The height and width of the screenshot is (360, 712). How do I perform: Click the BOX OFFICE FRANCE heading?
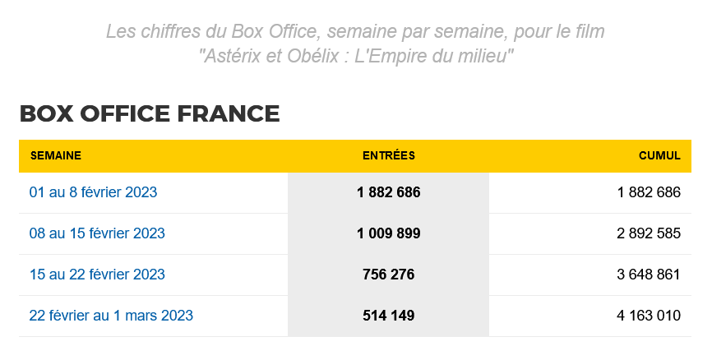(149, 113)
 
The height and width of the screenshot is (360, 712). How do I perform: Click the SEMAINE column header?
(56, 155)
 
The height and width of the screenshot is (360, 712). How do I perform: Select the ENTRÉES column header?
(388, 155)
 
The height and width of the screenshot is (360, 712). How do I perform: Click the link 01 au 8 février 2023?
(93, 192)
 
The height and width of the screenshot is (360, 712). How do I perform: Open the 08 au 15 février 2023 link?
(97, 233)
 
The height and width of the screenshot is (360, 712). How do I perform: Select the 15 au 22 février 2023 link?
(97, 275)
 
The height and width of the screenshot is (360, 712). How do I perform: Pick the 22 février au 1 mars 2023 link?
(111, 316)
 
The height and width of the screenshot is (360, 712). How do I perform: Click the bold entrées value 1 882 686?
(388, 192)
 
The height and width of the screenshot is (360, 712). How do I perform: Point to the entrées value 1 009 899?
(388, 233)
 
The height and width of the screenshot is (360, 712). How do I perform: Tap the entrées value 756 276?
(388, 275)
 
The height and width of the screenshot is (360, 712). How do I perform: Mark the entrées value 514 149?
(388, 316)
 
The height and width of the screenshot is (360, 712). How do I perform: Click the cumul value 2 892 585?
(648, 233)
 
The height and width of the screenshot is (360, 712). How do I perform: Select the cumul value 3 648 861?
(648, 275)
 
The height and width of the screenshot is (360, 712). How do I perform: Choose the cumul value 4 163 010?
(648, 316)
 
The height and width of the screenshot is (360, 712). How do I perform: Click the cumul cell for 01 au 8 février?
(648, 192)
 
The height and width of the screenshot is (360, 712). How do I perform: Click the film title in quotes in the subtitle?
(356, 58)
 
